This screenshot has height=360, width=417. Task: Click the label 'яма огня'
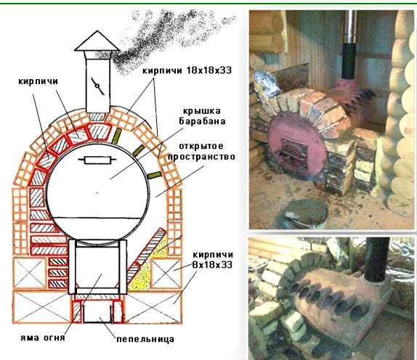pyautogui.click(x=43, y=337)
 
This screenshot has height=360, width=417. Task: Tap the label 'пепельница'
pyautogui.click(x=145, y=339)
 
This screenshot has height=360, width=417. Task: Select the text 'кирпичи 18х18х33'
pyautogui.click(x=187, y=70)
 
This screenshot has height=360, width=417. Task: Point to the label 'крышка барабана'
pyautogui.click(x=202, y=116)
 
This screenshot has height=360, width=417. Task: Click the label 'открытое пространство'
pyautogui.click(x=201, y=152)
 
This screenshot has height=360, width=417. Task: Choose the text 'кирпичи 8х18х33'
pyautogui.click(x=212, y=260)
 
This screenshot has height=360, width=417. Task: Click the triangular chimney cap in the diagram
pyautogui.click(x=97, y=41)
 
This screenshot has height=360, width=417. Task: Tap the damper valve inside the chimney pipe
pyautogui.click(x=97, y=86)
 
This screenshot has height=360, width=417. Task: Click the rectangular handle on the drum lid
pyautogui.click(x=97, y=160)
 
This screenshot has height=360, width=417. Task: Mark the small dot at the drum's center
pyautogui.click(x=97, y=192)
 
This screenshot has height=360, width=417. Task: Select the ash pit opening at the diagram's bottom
pyautogui.click(x=97, y=314)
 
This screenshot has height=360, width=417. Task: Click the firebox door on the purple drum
pyautogui.click(x=295, y=154)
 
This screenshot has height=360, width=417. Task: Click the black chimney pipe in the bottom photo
pyautogui.click(x=376, y=259)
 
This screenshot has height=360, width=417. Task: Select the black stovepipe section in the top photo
pyautogui.click(x=349, y=62)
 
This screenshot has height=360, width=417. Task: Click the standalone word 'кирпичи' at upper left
pyautogui.click(x=38, y=81)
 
